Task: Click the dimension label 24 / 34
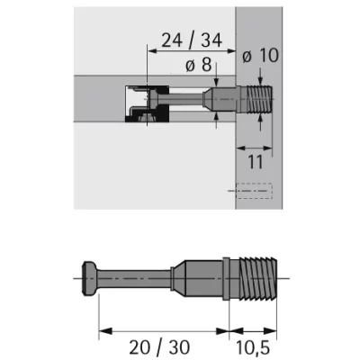pyautogui.click(x=192, y=40)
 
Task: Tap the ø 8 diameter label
pyautogui.click(x=198, y=65)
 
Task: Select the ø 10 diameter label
pyautogui.click(x=260, y=56)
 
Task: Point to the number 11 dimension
pyautogui.click(x=256, y=162)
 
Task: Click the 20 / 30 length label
pyautogui.click(x=159, y=347)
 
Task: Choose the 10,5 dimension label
pyautogui.click(x=253, y=347)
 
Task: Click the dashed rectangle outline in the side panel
pyautogui.click(x=254, y=191)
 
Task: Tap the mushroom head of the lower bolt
pyautogui.click(x=89, y=279)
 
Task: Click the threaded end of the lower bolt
pyautogui.click(x=258, y=279)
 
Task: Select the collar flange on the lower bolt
pyautogui.click(x=227, y=278)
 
